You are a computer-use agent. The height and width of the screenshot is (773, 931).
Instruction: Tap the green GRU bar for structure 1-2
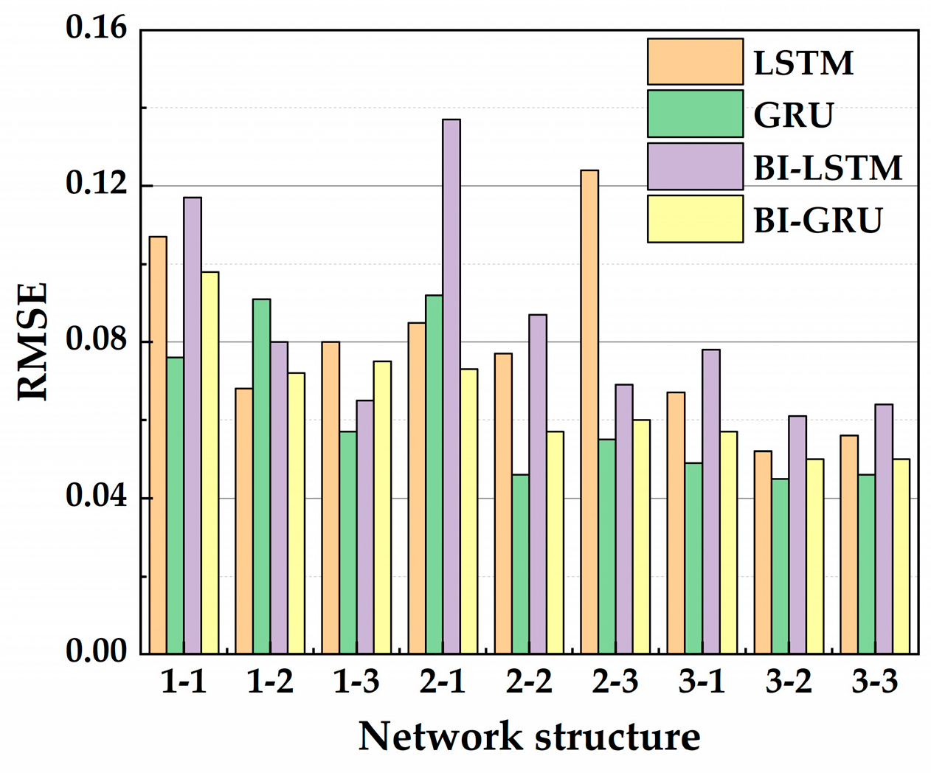coord(261,476)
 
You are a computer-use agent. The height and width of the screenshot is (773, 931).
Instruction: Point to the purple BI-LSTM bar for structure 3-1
coord(710,502)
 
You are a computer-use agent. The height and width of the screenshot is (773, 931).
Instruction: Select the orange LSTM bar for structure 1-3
coord(330,498)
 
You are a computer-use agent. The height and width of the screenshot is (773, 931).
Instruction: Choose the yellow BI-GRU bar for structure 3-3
coord(901,556)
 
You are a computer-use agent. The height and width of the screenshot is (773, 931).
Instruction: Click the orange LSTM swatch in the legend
coord(695,62)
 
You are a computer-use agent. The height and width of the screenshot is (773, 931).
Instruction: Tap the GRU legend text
coord(794,115)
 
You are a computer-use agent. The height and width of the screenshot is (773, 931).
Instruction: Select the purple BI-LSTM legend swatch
coord(695,167)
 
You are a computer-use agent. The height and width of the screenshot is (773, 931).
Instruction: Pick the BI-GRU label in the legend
coord(817,220)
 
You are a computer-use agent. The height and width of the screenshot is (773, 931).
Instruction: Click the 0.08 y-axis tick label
coord(96,341)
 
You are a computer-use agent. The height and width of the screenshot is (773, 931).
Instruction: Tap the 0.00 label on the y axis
coord(96,652)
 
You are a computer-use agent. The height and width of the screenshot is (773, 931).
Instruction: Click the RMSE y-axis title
coord(32,341)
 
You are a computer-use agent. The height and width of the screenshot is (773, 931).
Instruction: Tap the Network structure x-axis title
coord(529,737)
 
